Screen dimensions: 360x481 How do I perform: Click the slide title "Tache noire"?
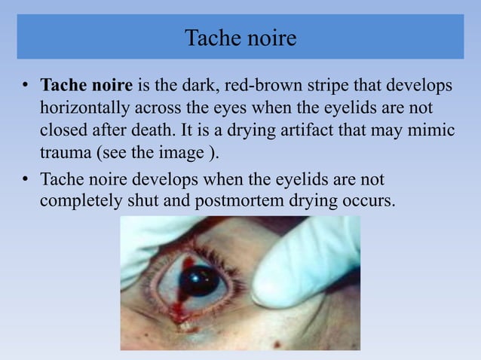click(240, 37)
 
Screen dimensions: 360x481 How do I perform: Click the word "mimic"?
click(433, 130)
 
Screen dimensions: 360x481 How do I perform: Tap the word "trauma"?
click(66, 154)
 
